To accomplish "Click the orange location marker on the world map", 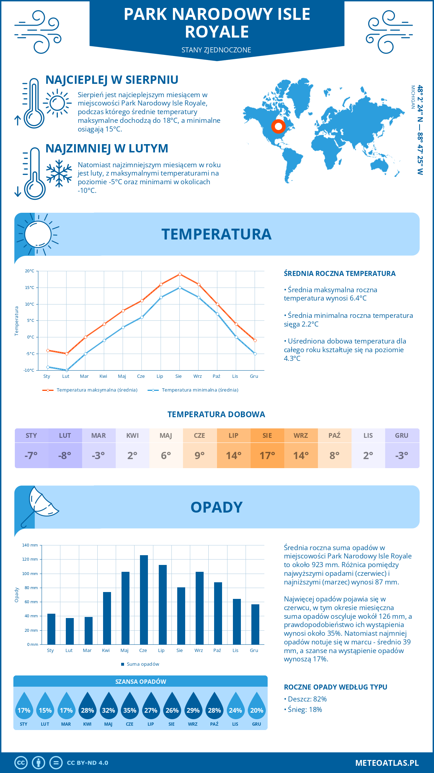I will pos(278,126).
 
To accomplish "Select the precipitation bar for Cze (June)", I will pos(144,600).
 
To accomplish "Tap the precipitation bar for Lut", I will pos(70,631).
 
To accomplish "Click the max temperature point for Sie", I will pos(180,275).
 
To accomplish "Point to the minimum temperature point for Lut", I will pos(67,370).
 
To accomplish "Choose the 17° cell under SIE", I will pos(267,455).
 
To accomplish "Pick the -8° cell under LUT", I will pos(65,455).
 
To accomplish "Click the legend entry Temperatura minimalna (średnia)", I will pos(200,390).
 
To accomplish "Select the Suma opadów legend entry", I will pos(142,664).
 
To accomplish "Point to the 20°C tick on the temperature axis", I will pos(30,271).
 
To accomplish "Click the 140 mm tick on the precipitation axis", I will pos(30,545).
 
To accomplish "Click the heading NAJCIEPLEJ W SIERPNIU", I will pos(112,80).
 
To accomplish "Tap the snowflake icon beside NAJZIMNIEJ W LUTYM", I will pos(59,173).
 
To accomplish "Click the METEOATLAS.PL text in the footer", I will pos(387,763).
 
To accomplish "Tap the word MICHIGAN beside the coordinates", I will pos(413,97).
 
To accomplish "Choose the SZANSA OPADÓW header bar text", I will pos(141,682).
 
